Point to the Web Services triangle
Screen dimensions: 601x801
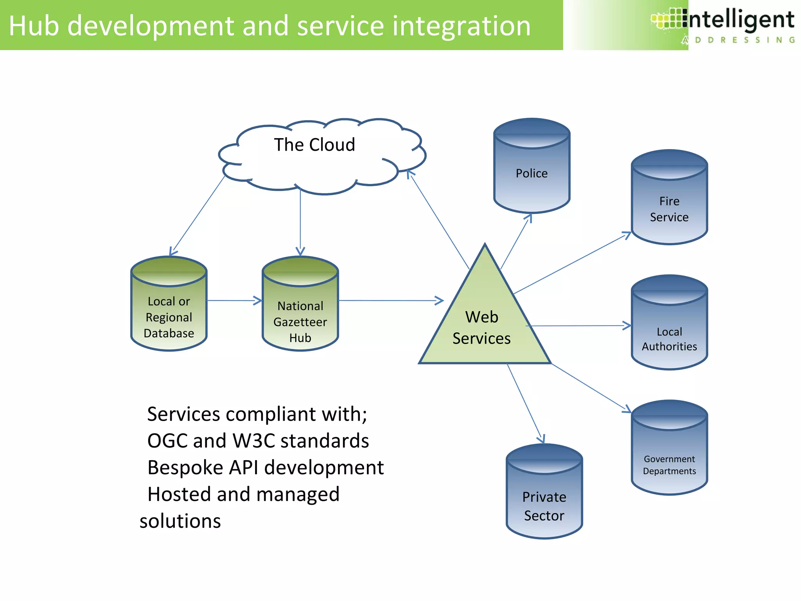pyautogui.click(x=484, y=325)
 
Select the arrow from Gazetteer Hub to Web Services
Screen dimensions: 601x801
pyautogui.click(x=391, y=300)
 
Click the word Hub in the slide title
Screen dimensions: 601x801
pyautogui.click(x=34, y=26)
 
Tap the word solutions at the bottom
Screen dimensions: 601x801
pyautogui.click(x=180, y=521)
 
